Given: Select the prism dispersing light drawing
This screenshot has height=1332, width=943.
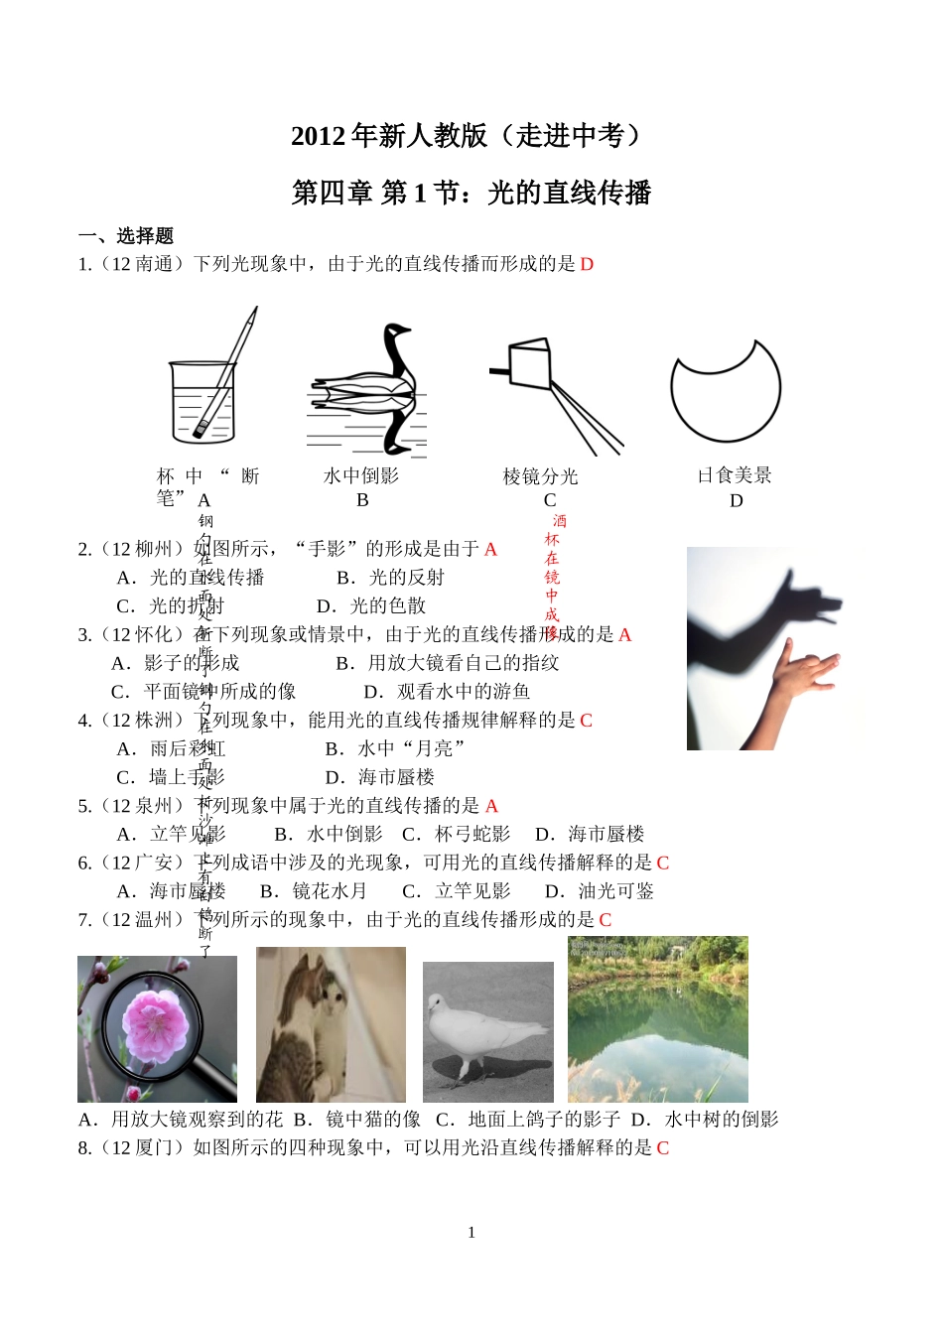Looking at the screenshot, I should pyautogui.click(x=552, y=392).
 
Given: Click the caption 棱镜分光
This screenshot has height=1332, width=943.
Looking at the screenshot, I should pyautogui.click(x=540, y=476).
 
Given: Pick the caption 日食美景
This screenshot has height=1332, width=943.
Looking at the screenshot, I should pyautogui.click(x=735, y=475).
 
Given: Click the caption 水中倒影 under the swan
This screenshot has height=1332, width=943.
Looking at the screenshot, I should pyautogui.click(x=361, y=476).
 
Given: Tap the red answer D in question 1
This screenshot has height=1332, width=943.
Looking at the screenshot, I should pyautogui.click(x=587, y=264).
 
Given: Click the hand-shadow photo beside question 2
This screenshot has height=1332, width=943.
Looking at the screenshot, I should pyautogui.click(x=764, y=648).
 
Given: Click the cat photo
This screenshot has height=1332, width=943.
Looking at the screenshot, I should pyautogui.click(x=331, y=1024).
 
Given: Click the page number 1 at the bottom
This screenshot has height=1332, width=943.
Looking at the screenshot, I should pyautogui.click(x=471, y=1233).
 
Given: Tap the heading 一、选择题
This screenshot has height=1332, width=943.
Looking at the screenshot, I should pyautogui.click(x=126, y=236).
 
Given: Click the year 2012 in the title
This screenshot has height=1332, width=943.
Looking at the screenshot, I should pyautogui.click(x=318, y=136).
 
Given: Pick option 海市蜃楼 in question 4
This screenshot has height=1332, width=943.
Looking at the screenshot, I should pyautogui.click(x=396, y=777).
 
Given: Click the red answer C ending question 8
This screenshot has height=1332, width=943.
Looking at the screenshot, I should pyautogui.click(x=663, y=1148).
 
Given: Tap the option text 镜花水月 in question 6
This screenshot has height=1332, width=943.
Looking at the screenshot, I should pyautogui.click(x=330, y=891).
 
